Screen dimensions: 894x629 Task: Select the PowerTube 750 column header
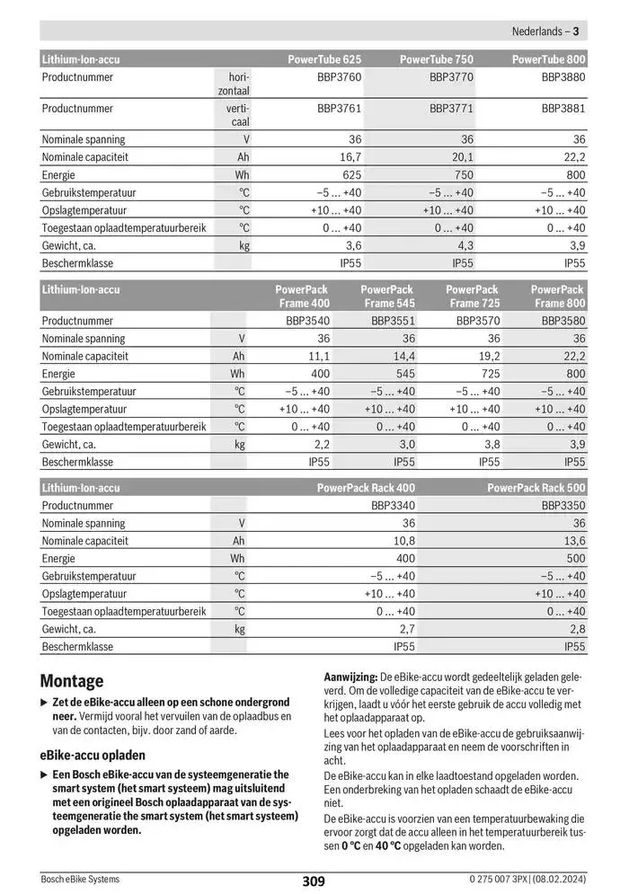[x=436, y=59]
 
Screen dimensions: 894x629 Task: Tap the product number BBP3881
[x=563, y=109]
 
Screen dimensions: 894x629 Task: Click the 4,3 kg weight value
[x=465, y=245]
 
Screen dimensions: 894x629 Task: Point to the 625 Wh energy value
[x=351, y=175]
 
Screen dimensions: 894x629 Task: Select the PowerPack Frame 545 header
[x=387, y=297]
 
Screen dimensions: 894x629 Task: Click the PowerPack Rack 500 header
[x=536, y=488]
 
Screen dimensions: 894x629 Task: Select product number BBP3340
[x=393, y=506]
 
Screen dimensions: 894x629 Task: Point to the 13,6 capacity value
[x=573, y=541]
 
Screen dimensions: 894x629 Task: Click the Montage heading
[x=72, y=681]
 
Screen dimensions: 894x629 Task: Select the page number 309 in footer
[x=314, y=881]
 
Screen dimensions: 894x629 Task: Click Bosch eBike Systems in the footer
[x=80, y=879]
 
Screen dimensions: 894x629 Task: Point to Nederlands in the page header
[x=537, y=31]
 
